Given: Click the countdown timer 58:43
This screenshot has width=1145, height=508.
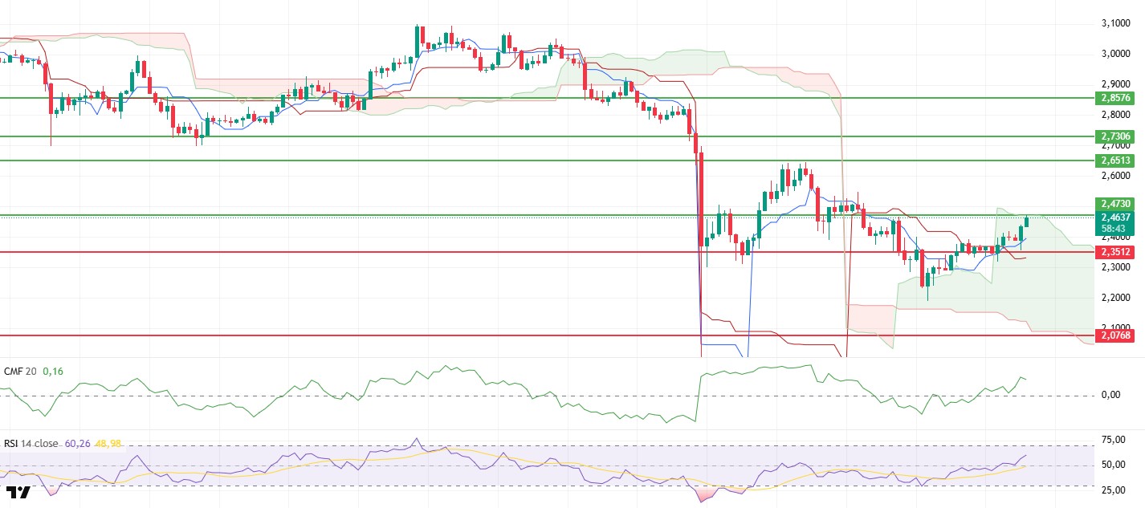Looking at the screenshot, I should [1114, 228].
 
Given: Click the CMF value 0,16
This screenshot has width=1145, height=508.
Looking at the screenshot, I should [52, 372].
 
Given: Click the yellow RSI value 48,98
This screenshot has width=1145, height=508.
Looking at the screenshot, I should [108, 443].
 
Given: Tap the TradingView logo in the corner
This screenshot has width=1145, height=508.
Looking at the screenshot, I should [18, 492].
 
